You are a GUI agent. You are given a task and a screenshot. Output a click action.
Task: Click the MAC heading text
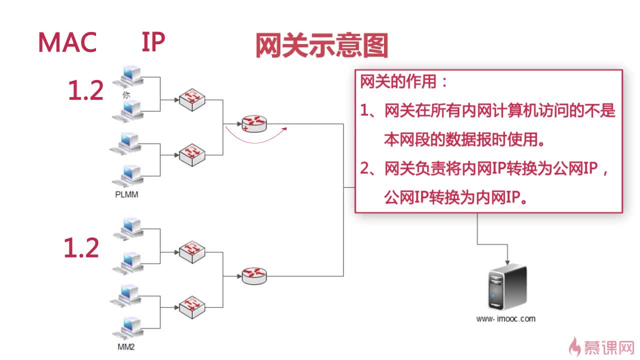tap(67, 42)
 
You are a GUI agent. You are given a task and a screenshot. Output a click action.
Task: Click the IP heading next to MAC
tap(153, 41)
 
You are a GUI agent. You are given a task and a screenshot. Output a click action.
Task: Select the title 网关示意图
tap(321, 45)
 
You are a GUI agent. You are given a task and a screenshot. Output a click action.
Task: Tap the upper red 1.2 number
tap(85, 90)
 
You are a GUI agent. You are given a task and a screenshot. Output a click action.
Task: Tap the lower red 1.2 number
tap(81, 247)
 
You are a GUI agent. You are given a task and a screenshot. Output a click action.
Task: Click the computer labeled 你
tap(128, 77)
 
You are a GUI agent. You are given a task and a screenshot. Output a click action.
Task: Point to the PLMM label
tap(126, 194)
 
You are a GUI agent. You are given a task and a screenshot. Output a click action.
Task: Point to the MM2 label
tap(126, 347)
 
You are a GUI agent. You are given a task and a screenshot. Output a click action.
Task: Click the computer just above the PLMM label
tap(127, 176)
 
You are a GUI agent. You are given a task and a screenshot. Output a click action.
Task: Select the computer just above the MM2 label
tap(127, 328)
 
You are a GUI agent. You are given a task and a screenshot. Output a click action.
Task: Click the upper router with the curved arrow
tap(254, 123)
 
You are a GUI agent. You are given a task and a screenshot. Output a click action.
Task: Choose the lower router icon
tap(254, 276)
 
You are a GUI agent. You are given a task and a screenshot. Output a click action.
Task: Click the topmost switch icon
tap(192, 99)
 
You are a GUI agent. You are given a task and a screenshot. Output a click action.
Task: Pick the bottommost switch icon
tap(192, 307)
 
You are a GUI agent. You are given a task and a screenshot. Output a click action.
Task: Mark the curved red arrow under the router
tap(254, 142)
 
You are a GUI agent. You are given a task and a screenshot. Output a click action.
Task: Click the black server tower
tap(507, 287)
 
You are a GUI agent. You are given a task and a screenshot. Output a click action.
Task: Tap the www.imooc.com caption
tap(505, 319)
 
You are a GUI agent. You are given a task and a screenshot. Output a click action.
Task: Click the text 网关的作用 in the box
tap(398, 82)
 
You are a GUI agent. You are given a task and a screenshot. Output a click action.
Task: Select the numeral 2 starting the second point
tap(364, 168)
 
